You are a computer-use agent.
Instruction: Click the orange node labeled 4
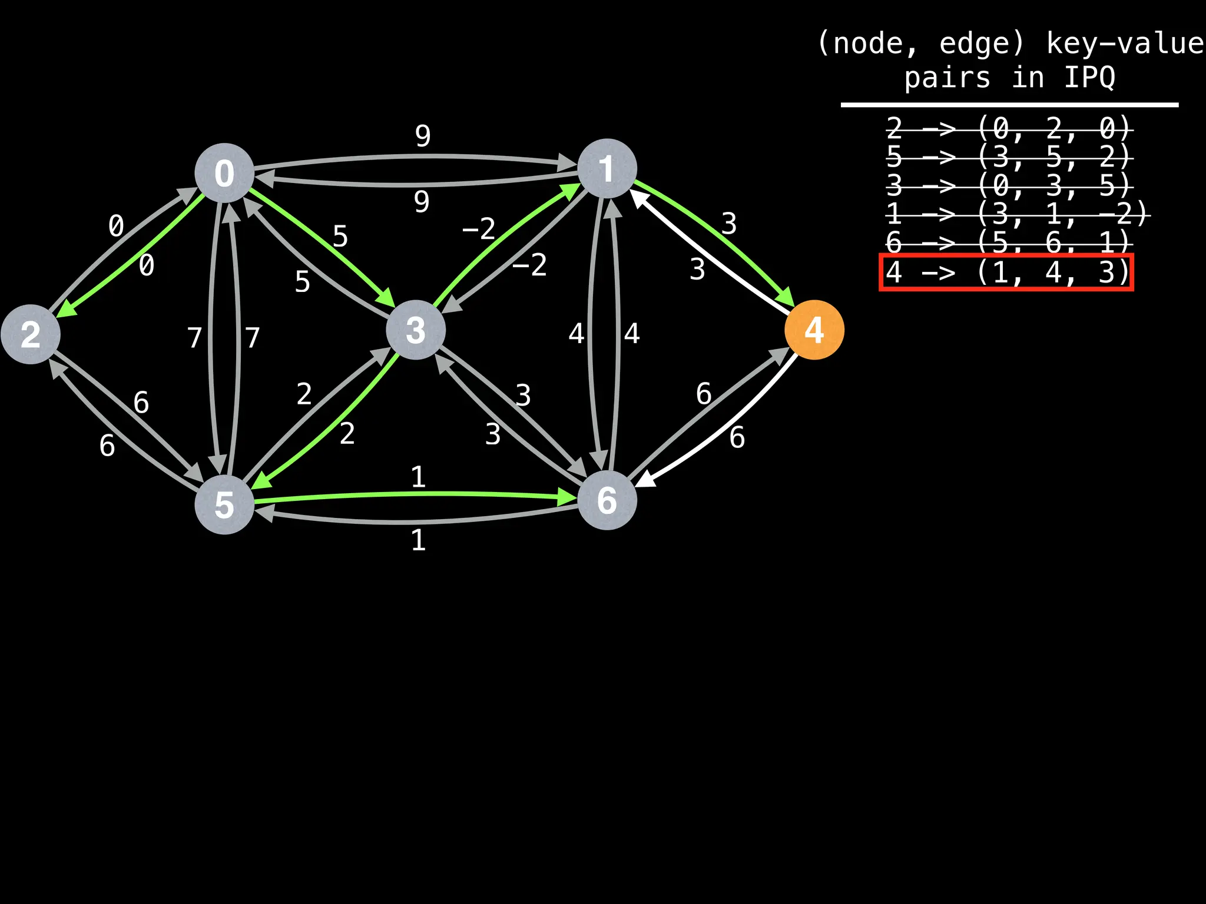click(x=814, y=330)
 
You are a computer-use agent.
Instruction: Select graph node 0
click(x=224, y=173)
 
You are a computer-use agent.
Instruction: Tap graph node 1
click(x=607, y=169)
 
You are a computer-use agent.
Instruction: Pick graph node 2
click(x=31, y=334)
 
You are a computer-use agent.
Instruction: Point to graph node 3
click(x=416, y=330)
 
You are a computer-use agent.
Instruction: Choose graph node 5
click(x=224, y=505)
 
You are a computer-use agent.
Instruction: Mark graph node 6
click(x=607, y=501)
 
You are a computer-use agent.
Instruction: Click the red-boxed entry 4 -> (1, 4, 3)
click(x=1006, y=272)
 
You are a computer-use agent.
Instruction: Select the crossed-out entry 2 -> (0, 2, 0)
click(x=1008, y=128)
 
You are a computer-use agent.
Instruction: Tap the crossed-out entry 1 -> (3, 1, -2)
click(x=1017, y=214)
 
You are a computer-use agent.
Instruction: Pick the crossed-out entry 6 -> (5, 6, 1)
click(x=1008, y=242)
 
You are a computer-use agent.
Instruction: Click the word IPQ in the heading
click(x=1089, y=78)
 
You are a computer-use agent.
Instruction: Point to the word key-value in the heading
click(x=1125, y=44)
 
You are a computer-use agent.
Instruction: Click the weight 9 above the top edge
click(x=423, y=136)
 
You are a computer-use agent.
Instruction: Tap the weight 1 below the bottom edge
click(x=418, y=540)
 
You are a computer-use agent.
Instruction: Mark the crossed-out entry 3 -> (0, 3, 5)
click(x=1008, y=186)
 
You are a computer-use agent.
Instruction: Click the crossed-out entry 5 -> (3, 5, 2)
click(x=1008, y=157)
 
